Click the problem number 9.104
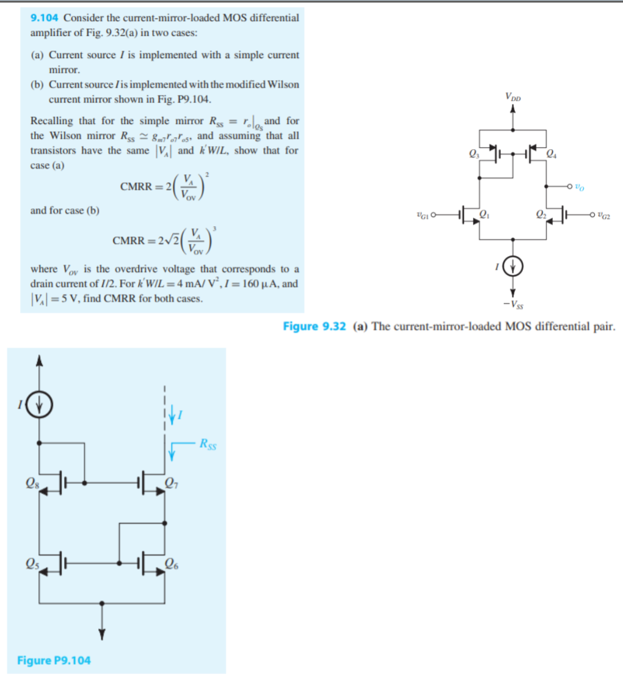45,18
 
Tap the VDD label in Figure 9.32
513,96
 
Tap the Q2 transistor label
541,214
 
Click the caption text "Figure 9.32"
315,326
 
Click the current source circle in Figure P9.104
40,404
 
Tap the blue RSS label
207,444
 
